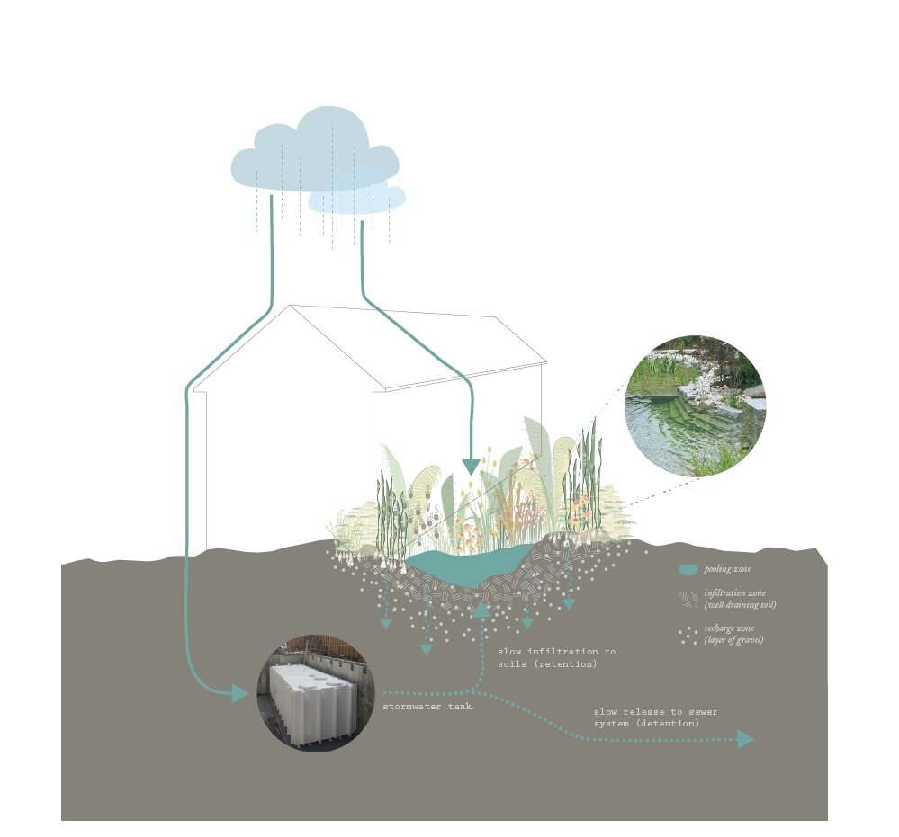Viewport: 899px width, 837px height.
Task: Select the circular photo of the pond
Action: (695, 405)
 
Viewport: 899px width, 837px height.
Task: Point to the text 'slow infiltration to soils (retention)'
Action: (556, 657)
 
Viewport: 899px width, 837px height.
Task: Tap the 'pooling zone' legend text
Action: (727, 569)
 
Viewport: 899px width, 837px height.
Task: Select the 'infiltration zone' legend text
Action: (740, 600)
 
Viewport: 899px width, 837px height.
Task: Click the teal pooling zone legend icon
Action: (688, 569)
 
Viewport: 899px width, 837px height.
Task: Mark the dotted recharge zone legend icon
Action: (688, 635)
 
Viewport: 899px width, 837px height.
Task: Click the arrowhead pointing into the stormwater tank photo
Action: (241, 693)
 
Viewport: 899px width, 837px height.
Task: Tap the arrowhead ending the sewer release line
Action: (745, 739)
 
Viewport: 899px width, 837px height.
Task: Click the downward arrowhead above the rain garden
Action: (470, 466)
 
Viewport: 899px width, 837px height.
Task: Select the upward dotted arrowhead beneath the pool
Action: (481, 610)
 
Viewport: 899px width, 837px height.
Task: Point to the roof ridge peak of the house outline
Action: (291, 307)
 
